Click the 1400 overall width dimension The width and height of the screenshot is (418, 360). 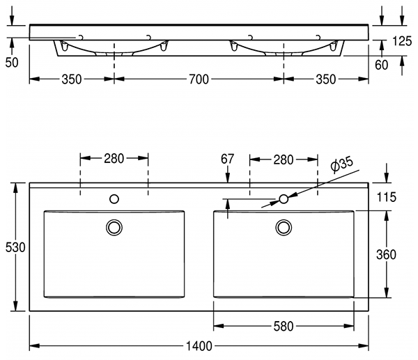pyautogui.click(x=199, y=345)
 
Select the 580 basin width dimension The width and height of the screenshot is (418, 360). pyautogui.click(x=284, y=325)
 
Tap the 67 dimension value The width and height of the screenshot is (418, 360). pyautogui.click(x=228, y=159)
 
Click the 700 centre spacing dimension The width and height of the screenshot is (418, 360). pyautogui.click(x=199, y=80)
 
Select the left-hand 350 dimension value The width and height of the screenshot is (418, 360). pyautogui.click(x=71, y=80)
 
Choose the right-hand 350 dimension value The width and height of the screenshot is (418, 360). pyautogui.click(x=325, y=80)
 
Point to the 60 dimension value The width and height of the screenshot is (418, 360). pyautogui.click(x=382, y=67)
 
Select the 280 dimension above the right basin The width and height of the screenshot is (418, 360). pyautogui.click(x=284, y=159)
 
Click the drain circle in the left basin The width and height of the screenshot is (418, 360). pyautogui.click(x=114, y=227)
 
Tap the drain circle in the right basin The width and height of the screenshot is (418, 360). pyautogui.click(x=284, y=227)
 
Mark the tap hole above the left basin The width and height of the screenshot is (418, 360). pyautogui.click(x=114, y=199)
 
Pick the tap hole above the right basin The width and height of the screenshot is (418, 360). pyautogui.click(x=284, y=199)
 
